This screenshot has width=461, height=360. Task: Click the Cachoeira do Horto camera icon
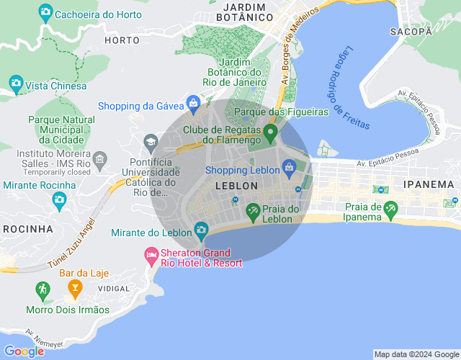[45, 12]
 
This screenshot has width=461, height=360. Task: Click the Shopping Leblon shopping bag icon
[290, 169]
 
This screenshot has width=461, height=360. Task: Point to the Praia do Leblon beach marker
[253, 212]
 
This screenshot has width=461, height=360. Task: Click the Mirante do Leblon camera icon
[202, 231]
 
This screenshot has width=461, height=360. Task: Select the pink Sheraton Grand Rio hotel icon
[151, 255]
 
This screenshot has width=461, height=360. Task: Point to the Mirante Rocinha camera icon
[59, 202]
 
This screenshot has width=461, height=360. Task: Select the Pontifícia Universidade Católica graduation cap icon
[151, 141]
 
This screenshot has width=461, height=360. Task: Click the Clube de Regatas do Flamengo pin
[270, 132]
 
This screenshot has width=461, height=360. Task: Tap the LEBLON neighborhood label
[236, 186]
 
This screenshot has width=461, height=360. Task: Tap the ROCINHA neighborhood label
[27, 228]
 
